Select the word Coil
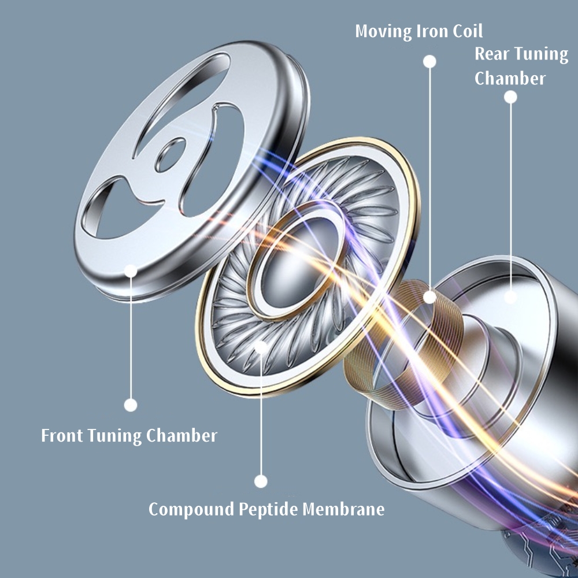pyautogui.click(x=468, y=31)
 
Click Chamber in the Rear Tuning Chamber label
pyautogui.click(x=510, y=78)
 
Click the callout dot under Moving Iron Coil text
pyautogui.click(x=429, y=61)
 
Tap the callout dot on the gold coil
pyautogui.click(x=429, y=297)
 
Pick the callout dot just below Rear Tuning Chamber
pyautogui.click(x=510, y=97)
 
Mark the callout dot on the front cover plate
pyautogui.click(x=131, y=270)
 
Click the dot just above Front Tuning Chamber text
pyautogui.click(x=131, y=405)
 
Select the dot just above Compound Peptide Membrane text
pyautogui.click(x=261, y=481)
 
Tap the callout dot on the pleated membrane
pyautogui.click(x=261, y=347)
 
